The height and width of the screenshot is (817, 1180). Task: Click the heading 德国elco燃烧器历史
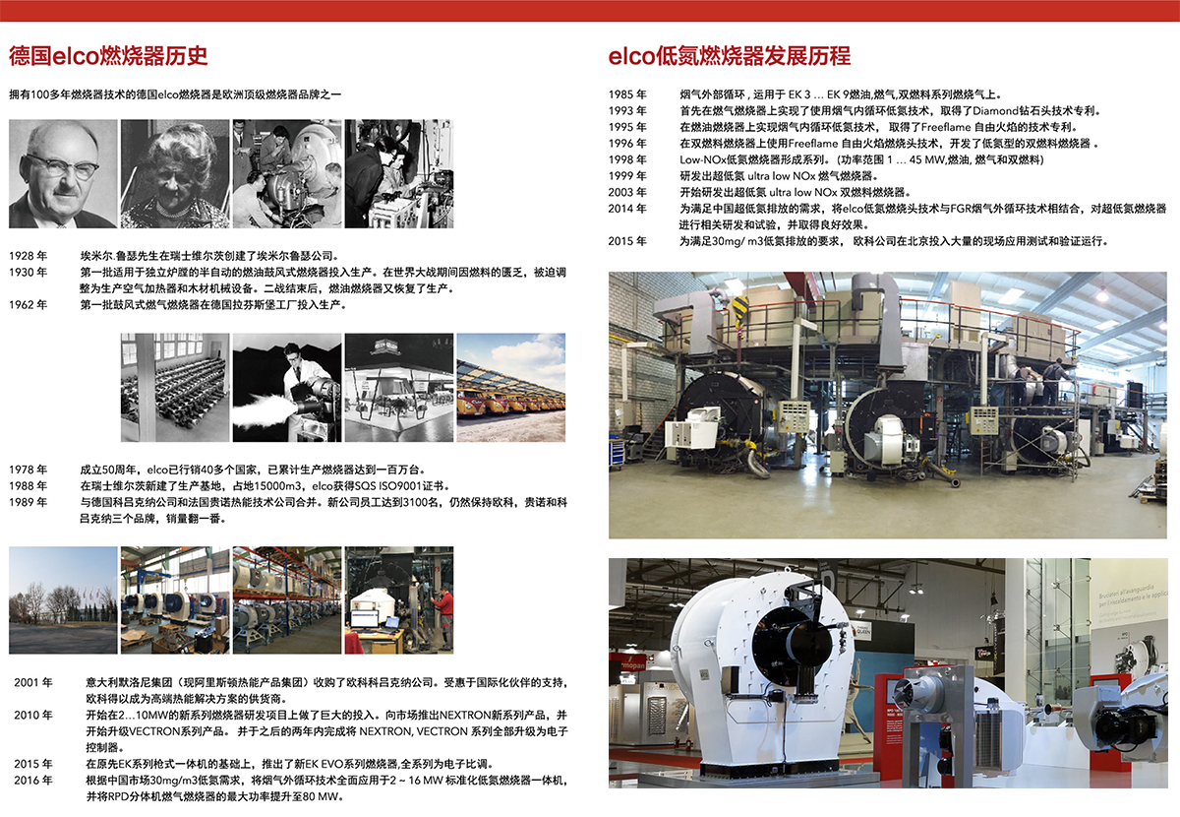pos(108,56)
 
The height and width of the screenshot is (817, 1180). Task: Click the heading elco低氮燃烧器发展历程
pos(729,56)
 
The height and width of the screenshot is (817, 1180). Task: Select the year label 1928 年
pos(28,256)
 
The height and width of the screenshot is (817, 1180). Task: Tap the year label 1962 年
pos(28,305)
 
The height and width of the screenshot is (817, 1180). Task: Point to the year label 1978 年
pos(28,470)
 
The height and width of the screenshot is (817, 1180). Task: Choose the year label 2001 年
pos(33,682)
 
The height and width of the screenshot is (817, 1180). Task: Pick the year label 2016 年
pos(33,780)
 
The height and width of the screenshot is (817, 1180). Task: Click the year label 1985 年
pos(627,94)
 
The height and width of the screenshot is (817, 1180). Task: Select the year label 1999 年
pos(627,175)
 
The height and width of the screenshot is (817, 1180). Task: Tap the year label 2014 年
pos(627,209)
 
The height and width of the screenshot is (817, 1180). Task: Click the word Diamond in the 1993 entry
pos(995,111)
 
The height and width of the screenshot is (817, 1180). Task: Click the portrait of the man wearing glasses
pos(63,173)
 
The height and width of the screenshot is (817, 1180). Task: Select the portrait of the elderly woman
pos(175,173)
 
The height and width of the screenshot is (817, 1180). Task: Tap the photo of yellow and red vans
pos(511,387)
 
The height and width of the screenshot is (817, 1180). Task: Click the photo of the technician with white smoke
pos(287,387)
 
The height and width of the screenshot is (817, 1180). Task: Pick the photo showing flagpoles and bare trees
pos(63,600)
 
